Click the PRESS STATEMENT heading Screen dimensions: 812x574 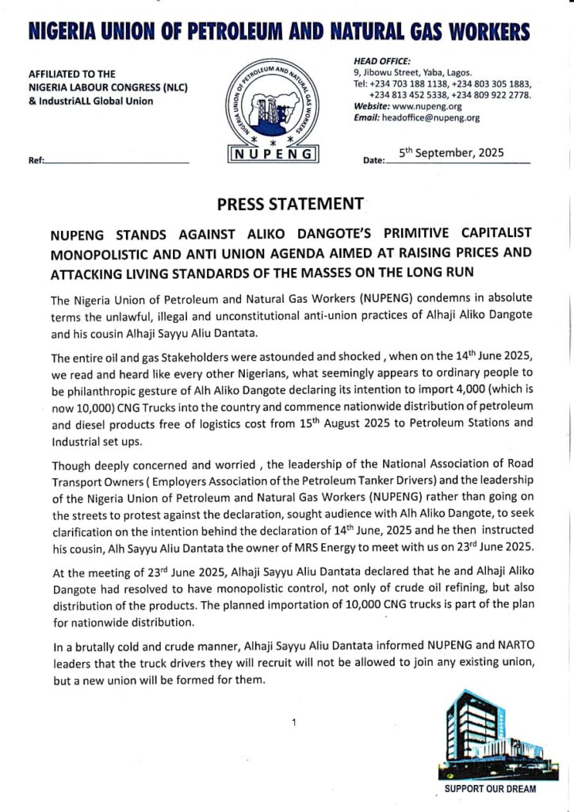point(289,204)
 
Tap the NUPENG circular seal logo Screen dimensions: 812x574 point(273,102)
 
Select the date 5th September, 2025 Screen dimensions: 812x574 point(451,154)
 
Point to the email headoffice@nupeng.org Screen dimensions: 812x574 point(431,117)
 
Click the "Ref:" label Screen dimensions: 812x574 point(36,161)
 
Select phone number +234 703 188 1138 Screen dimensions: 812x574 point(410,83)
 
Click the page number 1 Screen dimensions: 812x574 point(293,722)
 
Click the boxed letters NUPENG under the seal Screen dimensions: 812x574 point(273,153)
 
